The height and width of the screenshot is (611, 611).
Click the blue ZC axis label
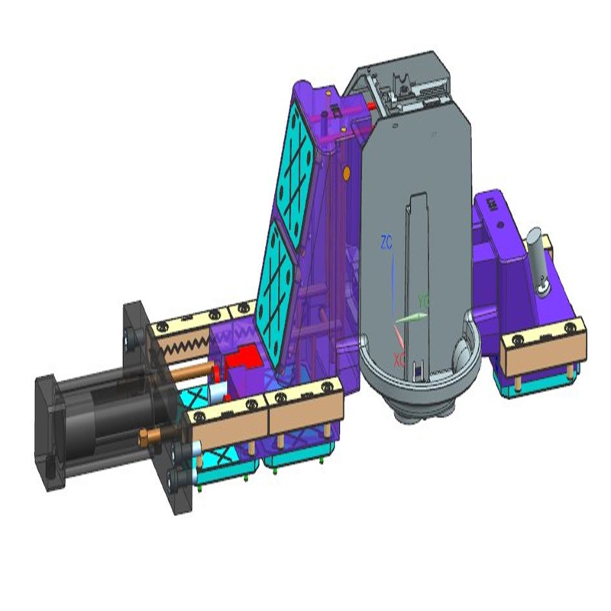pos(386,244)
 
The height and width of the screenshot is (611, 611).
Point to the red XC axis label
pos(399,357)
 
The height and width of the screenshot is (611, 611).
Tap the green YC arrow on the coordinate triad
pos(413,315)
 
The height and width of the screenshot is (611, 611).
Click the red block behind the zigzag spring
pos(242,359)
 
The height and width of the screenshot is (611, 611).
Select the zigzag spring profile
pos(183,349)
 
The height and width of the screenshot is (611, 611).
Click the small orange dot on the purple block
pos(346,174)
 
